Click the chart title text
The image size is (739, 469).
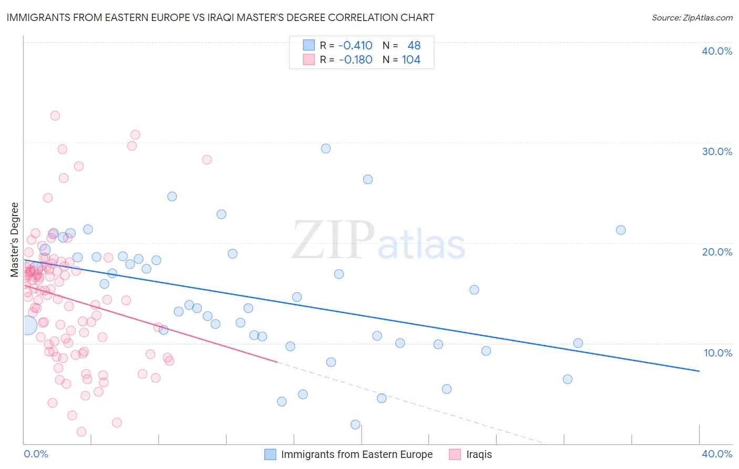(x=220, y=17)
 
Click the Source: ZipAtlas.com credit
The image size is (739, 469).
(x=692, y=18)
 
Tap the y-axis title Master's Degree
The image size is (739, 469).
(x=15, y=240)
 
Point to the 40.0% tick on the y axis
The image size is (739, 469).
(x=717, y=51)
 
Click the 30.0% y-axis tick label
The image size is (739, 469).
(x=717, y=151)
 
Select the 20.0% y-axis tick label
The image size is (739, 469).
(x=717, y=252)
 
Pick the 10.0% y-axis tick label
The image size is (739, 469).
(x=717, y=353)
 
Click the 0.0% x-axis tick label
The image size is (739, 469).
(x=36, y=454)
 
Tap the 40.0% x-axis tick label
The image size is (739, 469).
(x=717, y=454)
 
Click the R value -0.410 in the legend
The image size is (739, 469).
(x=355, y=46)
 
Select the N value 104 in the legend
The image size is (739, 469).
(x=411, y=60)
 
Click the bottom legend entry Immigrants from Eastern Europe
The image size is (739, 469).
(x=356, y=454)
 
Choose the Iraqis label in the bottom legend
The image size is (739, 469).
(x=479, y=454)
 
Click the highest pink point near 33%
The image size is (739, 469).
(x=55, y=116)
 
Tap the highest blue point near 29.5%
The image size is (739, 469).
(x=326, y=149)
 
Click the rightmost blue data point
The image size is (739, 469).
(x=621, y=230)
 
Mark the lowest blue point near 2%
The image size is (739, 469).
(x=355, y=425)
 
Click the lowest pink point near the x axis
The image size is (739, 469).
(x=81, y=432)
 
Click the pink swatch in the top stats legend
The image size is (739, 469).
(x=309, y=60)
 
